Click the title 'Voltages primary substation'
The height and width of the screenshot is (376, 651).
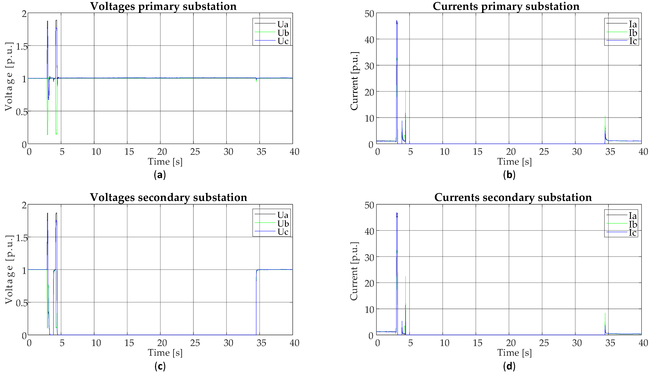tap(163, 6)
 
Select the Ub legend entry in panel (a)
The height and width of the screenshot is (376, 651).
tap(283, 33)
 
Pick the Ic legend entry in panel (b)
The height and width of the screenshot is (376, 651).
tap(632, 41)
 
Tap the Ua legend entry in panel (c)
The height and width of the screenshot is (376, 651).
tap(283, 215)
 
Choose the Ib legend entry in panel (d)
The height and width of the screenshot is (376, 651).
tap(632, 224)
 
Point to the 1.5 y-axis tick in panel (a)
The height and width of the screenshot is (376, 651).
tap(22, 47)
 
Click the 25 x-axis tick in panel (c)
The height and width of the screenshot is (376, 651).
tap(195, 343)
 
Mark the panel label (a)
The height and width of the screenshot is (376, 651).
tap(160, 175)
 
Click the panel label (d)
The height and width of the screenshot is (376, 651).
tap(509, 366)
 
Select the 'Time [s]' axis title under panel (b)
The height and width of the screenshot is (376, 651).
tap(514, 162)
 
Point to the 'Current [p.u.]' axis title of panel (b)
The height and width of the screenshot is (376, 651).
tap(354, 81)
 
